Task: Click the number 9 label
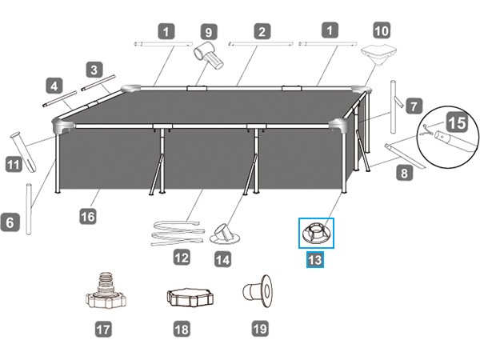(208, 32)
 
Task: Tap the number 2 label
(262, 32)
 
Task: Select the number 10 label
(382, 32)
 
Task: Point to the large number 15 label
(456, 124)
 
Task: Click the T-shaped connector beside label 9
(208, 57)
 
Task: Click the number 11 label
(13, 166)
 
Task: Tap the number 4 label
(54, 84)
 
